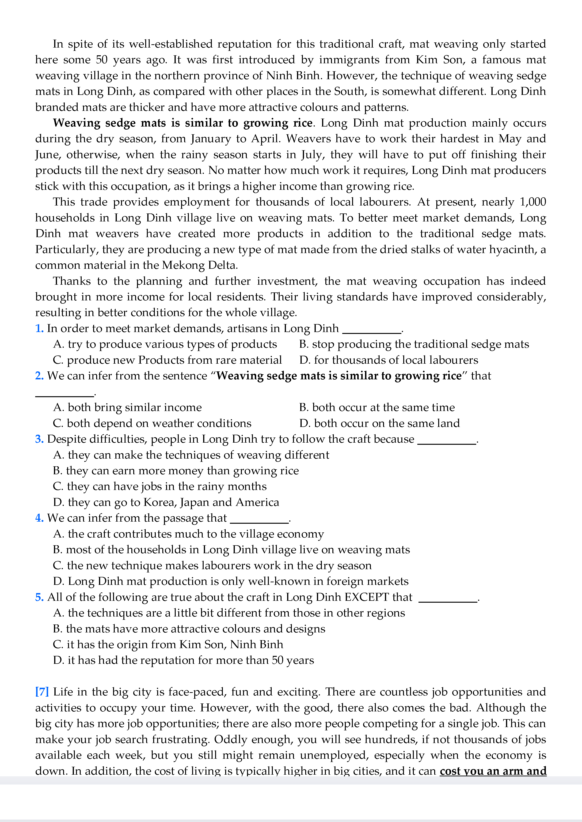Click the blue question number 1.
pos(39,328)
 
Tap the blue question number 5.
pos(39,597)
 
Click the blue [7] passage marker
pos(42,692)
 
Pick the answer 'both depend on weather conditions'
pos(152,423)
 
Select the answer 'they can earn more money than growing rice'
pos(176,471)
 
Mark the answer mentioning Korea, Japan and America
pos(166,502)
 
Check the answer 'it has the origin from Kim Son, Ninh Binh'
pos(168,644)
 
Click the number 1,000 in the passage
pos(533,202)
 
